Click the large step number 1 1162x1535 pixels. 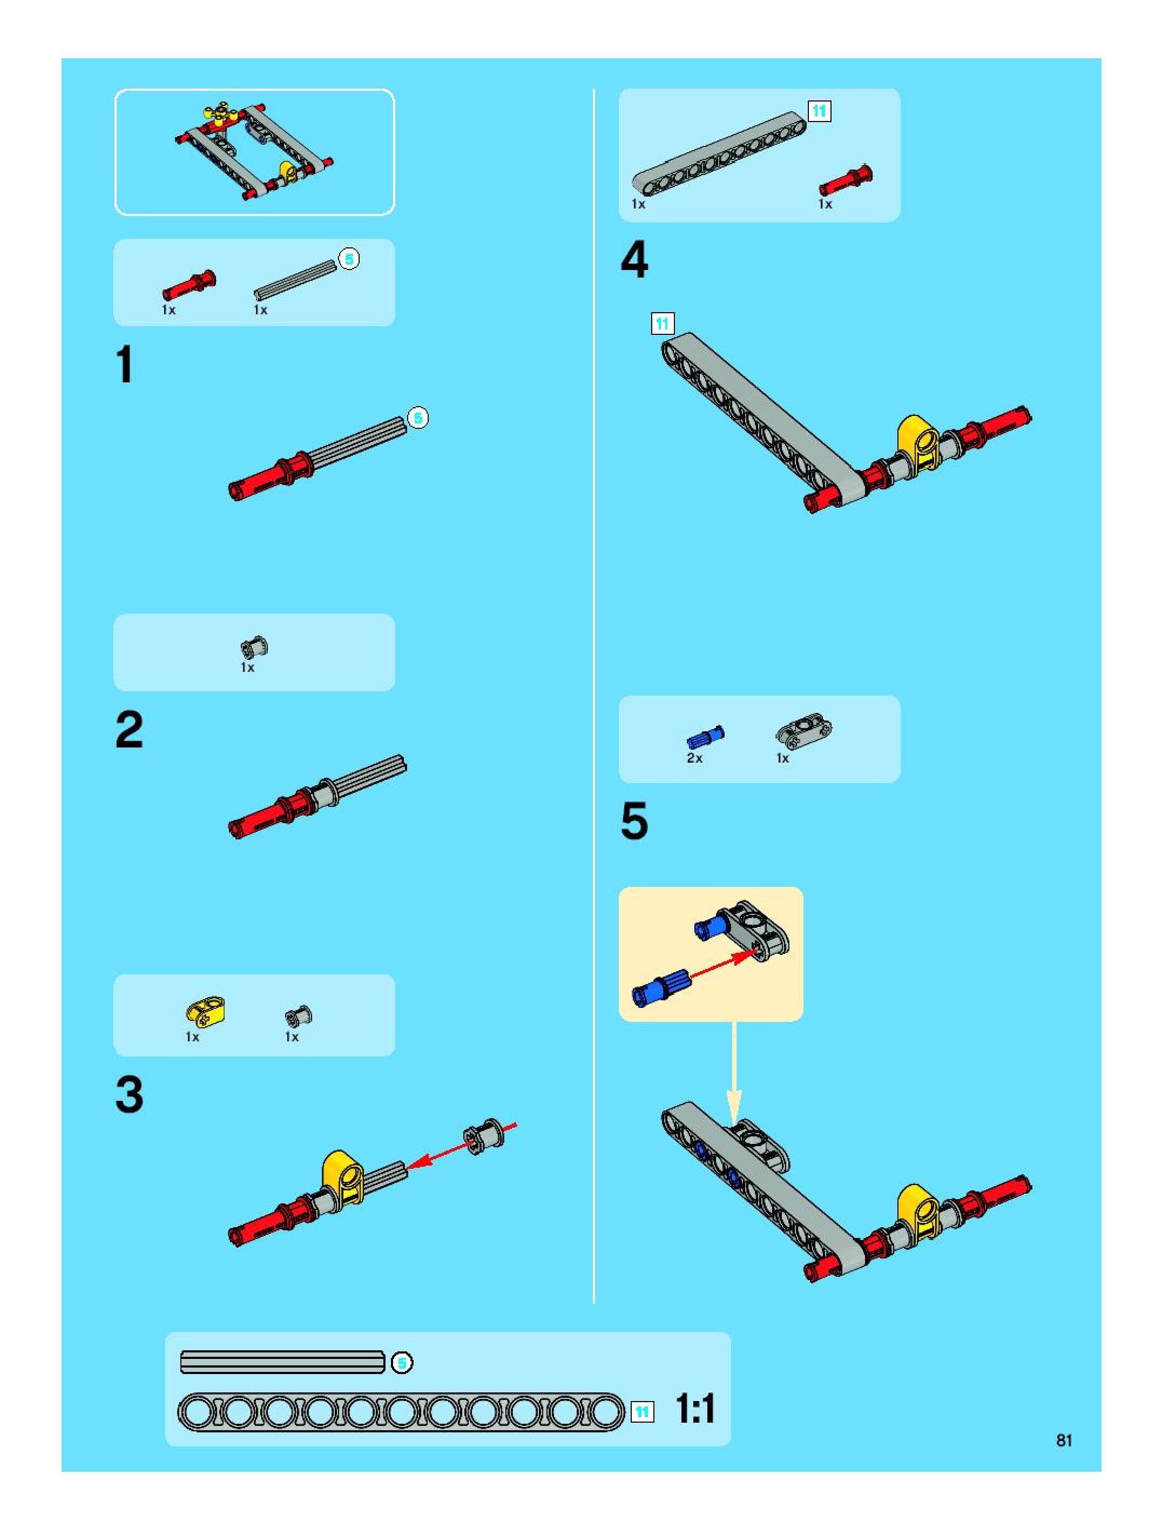point(125,365)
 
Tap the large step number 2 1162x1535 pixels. point(129,730)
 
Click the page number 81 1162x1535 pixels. point(1064,1440)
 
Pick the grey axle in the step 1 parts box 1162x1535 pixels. point(295,280)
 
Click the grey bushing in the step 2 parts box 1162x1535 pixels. point(254,648)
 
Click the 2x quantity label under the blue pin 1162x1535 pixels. point(694,758)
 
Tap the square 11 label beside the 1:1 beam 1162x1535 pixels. point(643,1411)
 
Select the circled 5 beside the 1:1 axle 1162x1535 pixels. point(402,1362)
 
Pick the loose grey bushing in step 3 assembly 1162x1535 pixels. point(483,1135)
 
